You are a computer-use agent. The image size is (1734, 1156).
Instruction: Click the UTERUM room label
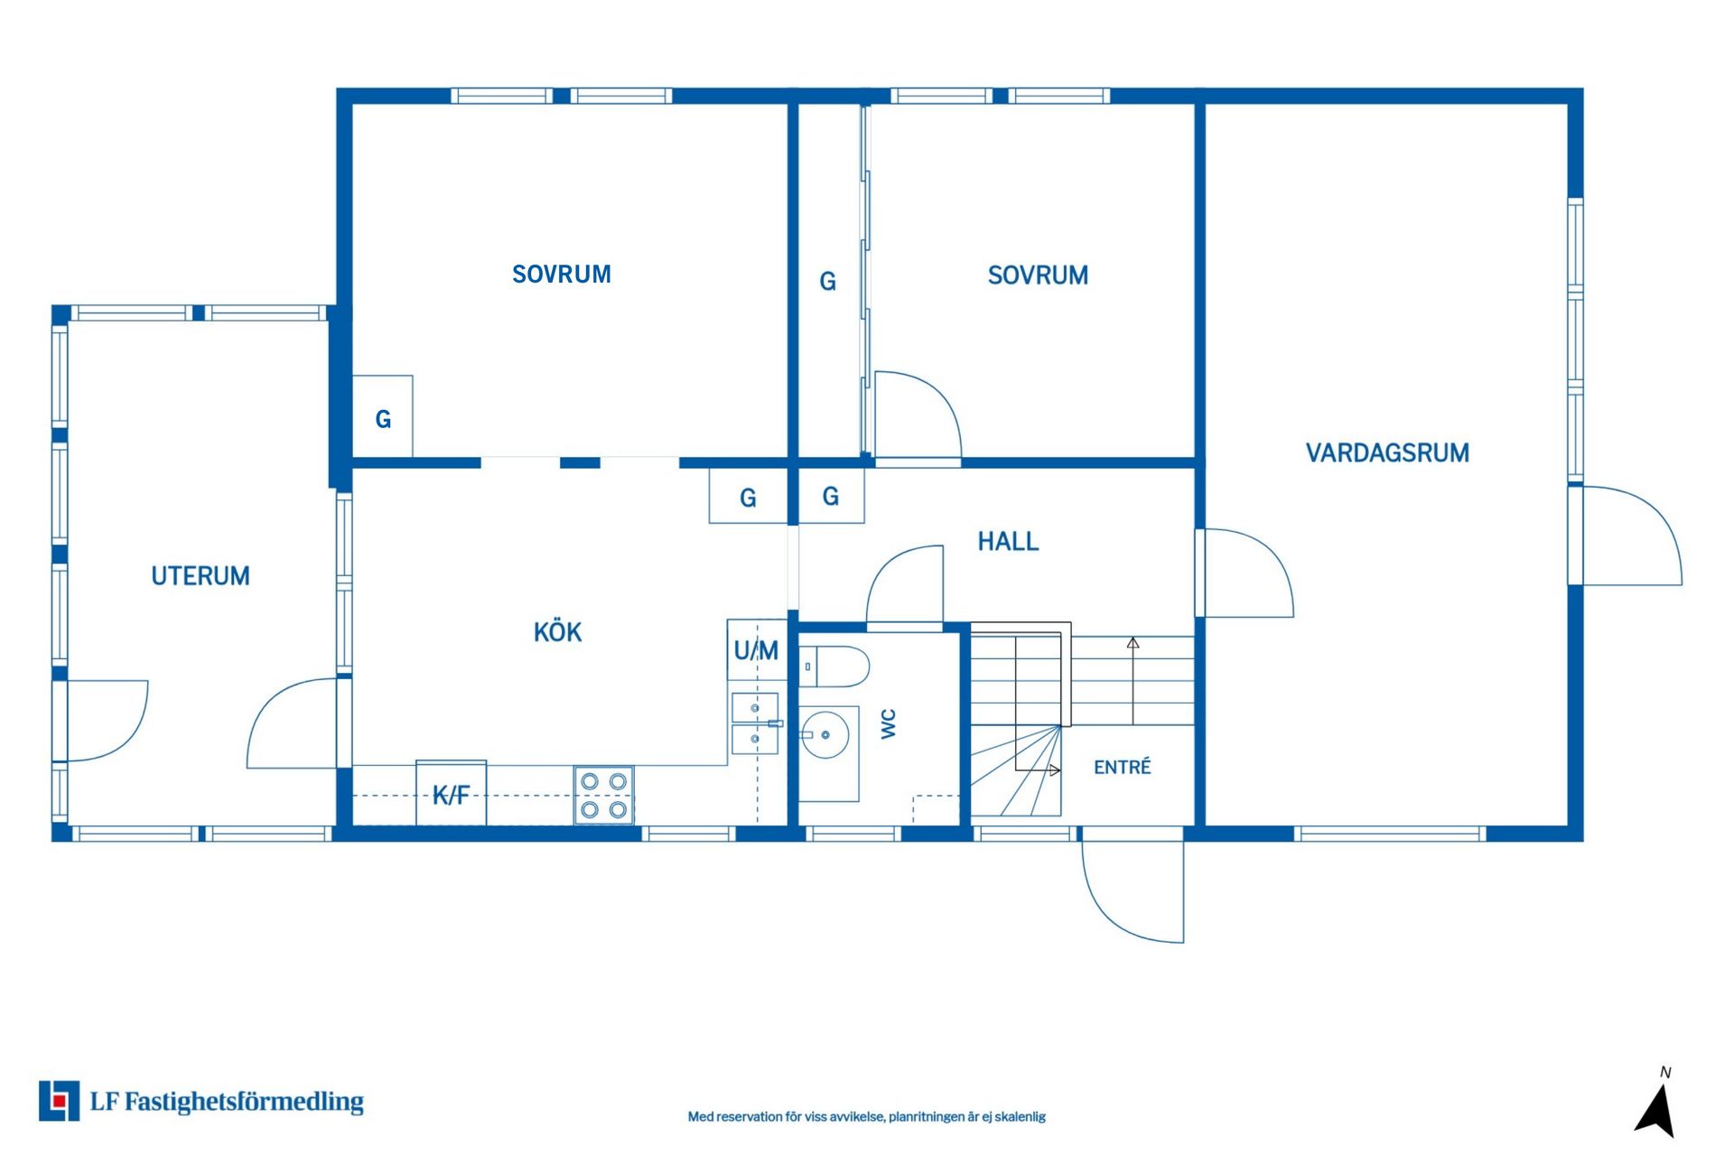coord(200,576)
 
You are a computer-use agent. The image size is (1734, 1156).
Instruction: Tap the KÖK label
coord(557,631)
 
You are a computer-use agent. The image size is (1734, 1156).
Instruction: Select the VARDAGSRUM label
coord(1387,452)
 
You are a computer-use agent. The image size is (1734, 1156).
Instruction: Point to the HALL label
coord(1008,541)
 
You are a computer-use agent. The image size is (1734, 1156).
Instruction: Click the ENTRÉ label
coord(1122,767)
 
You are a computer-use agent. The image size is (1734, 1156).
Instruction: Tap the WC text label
coord(889,723)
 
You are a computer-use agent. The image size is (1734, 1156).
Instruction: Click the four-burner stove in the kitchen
coord(603,795)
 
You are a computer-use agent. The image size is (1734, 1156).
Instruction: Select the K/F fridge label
coord(451,795)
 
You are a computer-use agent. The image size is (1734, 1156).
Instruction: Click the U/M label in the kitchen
coord(756,650)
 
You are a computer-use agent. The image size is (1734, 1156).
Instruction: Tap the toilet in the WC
coord(834,667)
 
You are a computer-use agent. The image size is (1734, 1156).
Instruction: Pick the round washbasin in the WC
coord(825,734)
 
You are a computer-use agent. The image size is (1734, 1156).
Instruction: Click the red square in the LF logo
coord(60,1101)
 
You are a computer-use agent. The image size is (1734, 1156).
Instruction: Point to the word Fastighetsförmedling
coord(244,1102)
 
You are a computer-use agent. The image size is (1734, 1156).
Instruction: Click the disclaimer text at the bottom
coord(867,1116)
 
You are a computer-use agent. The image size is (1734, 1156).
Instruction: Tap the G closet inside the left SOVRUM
coord(382,416)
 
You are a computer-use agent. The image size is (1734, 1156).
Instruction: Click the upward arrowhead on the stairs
coord(1133,643)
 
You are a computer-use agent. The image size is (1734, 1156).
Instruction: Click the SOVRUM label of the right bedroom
coord(1038,275)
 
